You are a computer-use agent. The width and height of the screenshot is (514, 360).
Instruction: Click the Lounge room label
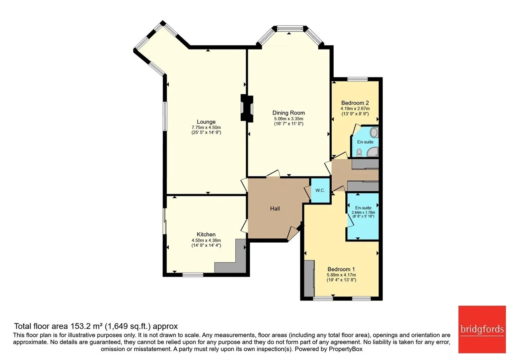point(206,122)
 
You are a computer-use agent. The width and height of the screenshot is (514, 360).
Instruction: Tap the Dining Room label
point(288,113)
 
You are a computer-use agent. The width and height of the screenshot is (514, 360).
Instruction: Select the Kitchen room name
point(206,234)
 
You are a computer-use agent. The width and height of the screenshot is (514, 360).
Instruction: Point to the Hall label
point(275,209)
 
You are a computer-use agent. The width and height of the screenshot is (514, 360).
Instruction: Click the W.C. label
point(320,190)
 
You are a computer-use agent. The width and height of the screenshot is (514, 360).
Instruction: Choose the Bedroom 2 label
point(355,103)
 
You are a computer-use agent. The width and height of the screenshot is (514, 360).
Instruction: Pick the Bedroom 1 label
point(341,269)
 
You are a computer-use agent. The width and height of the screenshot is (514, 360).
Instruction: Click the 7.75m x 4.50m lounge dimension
point(206,127)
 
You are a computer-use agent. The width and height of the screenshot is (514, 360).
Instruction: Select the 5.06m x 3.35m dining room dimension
point(289,119)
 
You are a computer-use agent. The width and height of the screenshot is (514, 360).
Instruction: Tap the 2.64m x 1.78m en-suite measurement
point(363,213)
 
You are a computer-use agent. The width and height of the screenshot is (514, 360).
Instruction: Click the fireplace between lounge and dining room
point(247,108)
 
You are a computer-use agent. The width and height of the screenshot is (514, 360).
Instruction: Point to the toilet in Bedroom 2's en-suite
point(359,153)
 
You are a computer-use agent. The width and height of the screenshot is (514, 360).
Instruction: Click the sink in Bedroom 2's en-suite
point(375,133)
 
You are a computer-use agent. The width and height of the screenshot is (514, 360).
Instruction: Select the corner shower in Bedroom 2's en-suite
point(372,152)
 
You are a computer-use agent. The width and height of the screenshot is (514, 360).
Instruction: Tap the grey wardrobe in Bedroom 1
point(309,278)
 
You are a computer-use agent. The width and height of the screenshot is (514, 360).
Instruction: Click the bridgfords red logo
point(482,329)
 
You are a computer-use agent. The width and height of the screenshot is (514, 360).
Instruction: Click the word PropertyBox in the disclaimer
point(346,349)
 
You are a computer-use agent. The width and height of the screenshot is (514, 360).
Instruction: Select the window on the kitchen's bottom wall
point(193,274)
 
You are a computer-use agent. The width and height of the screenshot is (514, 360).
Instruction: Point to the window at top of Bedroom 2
point(357,80)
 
